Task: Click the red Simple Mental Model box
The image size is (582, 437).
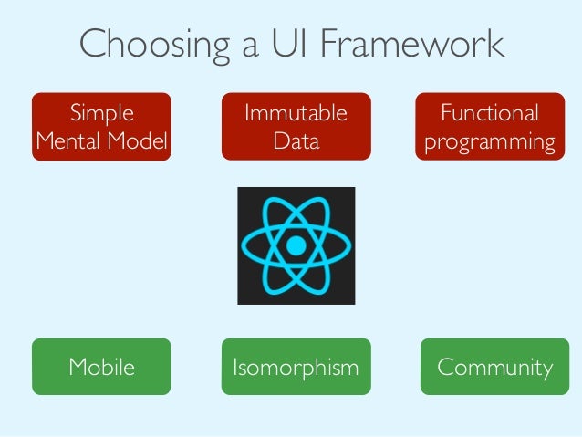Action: (x=101, y=127)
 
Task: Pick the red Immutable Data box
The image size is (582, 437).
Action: (x=296, y=127)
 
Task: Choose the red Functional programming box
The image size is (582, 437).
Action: (x=489, y=127)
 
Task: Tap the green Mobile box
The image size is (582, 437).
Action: (x=101, y=367)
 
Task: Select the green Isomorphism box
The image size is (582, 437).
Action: (x=296, y=367)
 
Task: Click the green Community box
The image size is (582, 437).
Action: (x=494, y=367)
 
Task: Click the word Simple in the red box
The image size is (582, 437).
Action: (x=101, y=113)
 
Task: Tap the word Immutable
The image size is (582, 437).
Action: (x=296, y=113)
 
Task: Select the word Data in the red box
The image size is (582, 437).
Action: (x=296, y=141)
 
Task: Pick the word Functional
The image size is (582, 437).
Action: (x=489, y=113)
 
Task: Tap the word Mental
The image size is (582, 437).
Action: (x=70, y=141)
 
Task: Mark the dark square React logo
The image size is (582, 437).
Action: (x=296, y=245)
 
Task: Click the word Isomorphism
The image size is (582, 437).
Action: (x=296, y=367)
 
